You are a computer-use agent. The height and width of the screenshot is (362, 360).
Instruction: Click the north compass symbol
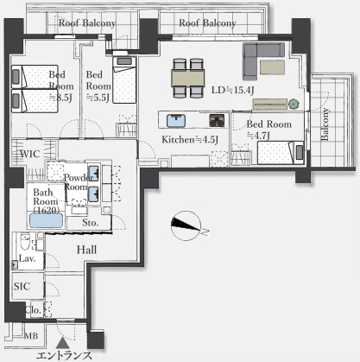186,226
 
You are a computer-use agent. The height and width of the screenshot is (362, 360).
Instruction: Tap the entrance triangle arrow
62,344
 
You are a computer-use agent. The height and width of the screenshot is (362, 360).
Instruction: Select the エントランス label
64,356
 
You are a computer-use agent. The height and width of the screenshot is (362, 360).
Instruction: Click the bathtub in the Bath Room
47,220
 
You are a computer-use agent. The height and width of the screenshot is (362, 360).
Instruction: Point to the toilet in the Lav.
25,243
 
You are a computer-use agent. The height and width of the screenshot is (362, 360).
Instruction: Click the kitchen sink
176,120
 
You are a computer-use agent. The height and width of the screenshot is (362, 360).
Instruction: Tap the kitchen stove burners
217,120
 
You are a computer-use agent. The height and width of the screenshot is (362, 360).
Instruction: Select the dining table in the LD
188,78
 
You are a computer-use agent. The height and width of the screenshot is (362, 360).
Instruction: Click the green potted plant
294,104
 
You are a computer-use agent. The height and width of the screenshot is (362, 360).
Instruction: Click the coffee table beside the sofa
272,67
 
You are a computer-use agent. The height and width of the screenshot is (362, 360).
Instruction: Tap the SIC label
22,286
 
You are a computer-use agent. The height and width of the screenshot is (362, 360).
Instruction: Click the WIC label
30,154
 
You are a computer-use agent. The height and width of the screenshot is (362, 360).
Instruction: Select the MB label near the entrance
31,336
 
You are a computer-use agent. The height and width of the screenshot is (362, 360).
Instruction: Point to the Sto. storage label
90,223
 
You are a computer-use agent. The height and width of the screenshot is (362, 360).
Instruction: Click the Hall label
86,250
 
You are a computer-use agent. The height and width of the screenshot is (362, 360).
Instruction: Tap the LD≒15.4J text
233,90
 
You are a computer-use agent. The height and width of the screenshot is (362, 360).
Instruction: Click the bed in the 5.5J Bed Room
124,79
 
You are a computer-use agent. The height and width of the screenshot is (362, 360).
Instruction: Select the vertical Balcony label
325,124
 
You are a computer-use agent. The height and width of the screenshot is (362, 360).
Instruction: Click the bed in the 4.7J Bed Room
281,152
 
